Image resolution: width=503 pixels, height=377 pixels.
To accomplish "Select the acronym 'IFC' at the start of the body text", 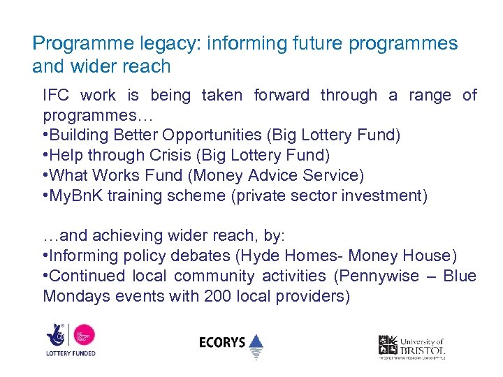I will (x=56, y=95).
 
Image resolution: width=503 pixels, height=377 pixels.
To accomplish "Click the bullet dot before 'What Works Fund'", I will (x=45, y=175).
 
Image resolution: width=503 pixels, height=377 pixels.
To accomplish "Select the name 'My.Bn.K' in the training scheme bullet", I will (x=72, y=195).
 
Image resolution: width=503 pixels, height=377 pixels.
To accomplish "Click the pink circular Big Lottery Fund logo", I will (x=85, y=334).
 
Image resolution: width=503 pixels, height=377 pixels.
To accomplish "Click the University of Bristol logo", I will (x=412, y=346).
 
